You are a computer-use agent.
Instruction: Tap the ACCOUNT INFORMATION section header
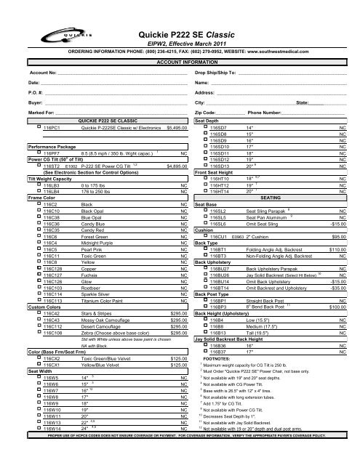[x=179, y=62]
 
